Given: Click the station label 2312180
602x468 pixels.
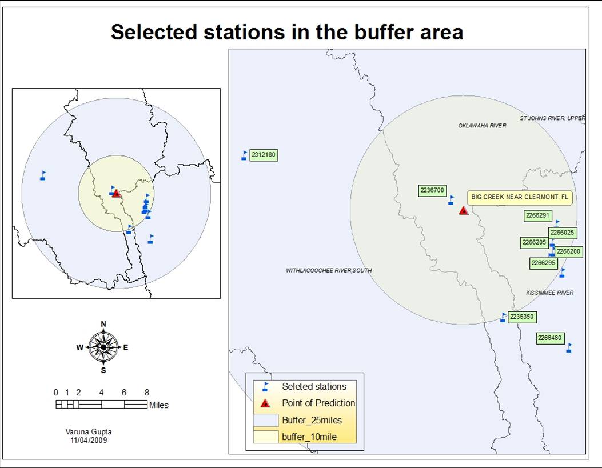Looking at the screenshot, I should click(264, 155).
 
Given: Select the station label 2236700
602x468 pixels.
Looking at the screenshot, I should click(432, 190).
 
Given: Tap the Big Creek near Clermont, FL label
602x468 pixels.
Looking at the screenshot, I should click(520, 198).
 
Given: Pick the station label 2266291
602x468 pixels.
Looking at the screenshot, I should click(537, 215).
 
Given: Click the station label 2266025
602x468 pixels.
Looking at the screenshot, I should click(562, 233).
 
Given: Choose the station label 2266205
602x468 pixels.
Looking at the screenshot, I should click(535, 242).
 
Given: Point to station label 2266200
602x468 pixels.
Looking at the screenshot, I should click(568, 251).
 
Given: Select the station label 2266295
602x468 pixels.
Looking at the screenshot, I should click(543, 263).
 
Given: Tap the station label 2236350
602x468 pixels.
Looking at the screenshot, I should click(523, 317).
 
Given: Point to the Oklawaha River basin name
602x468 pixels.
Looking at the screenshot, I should click(482, 126).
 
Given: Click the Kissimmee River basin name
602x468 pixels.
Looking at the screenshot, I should click(549, 293).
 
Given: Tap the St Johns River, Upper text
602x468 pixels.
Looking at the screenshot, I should click(552, 118).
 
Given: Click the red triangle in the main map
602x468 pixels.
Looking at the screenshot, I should click(464, 210).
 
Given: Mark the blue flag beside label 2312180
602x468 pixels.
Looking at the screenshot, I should click(244, 155).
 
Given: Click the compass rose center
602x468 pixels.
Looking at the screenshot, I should click(103, 346).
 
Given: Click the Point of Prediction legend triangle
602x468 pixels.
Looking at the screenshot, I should click(265, 403).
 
